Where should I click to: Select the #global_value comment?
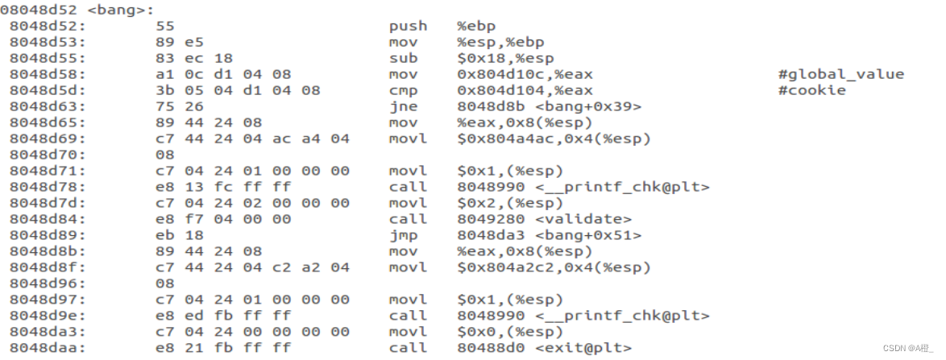pos(841,74)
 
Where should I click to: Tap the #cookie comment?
pos(812,90)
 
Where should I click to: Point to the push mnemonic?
pos(408,26)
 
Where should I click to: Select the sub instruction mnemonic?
pos(403,58)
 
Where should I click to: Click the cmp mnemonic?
pos(403,90)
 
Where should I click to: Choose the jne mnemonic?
pos(403,106)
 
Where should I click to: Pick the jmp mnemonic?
pos(403,235)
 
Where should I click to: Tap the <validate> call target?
pos(583,219)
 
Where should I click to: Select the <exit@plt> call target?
pos(583,348)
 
